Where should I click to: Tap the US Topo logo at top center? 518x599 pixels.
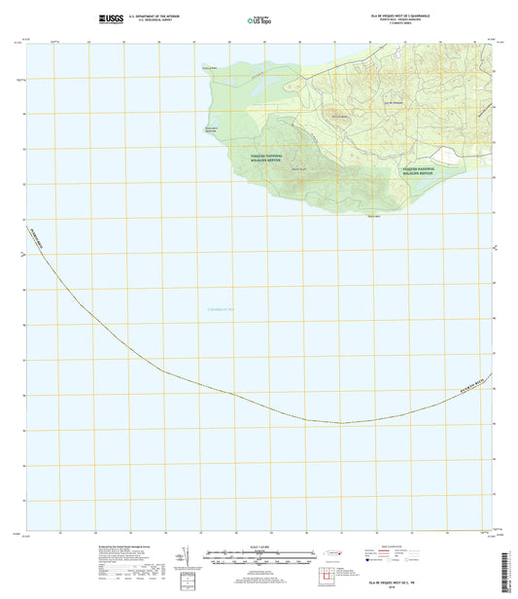(259, 18)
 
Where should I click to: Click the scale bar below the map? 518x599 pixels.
(259, 559)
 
